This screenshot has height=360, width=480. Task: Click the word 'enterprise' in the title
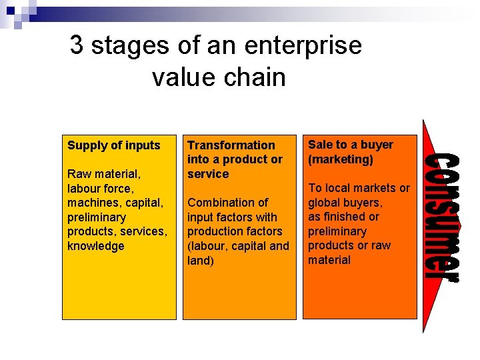point(303,46)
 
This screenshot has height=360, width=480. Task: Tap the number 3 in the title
point(77,46)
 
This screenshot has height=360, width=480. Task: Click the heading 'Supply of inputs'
point(114,145)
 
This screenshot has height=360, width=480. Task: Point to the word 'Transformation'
point(231,145)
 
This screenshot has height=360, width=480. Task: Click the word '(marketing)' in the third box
point(340,159)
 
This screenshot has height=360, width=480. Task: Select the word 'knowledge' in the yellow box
point(96,246)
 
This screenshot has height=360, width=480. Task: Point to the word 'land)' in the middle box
point(201,261)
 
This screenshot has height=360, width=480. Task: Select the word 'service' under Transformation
point(208,174)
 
